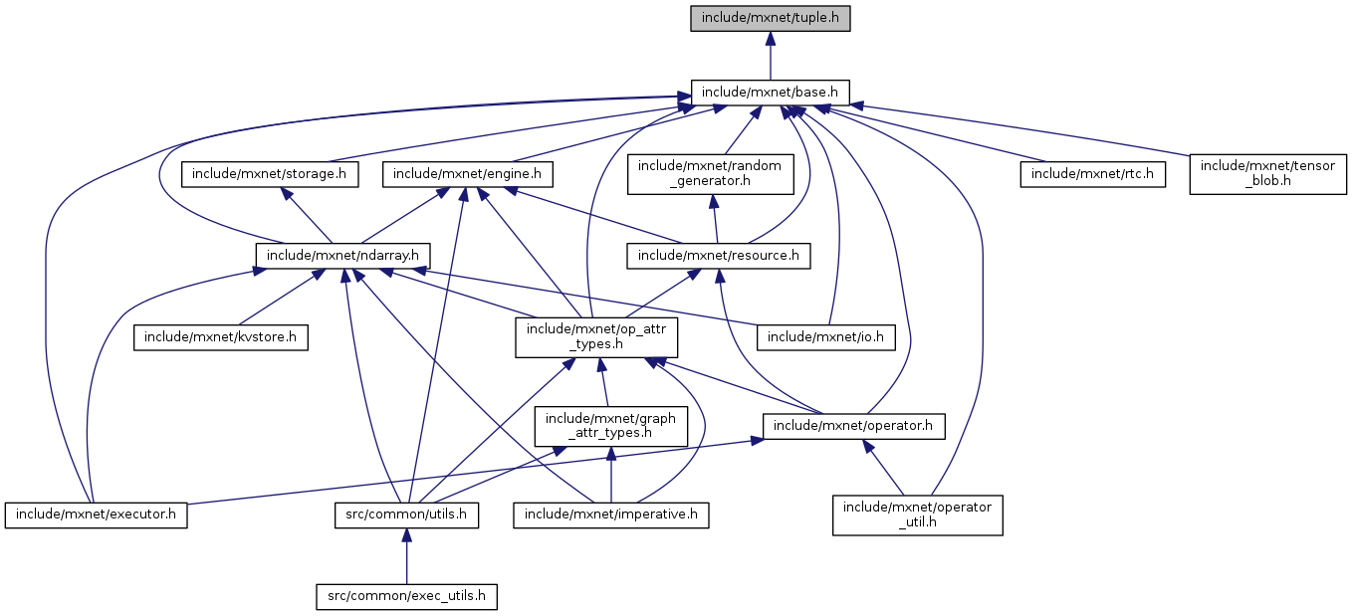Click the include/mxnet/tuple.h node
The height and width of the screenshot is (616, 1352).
(771, 18)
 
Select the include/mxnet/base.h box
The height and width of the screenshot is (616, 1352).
(771, 93)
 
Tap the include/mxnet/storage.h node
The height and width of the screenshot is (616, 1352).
(270, 174)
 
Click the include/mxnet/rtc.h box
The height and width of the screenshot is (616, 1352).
(1092, 174)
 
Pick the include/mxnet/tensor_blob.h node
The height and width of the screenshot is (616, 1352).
(1268, 174)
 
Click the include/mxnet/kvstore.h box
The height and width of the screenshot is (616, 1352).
(221, 336)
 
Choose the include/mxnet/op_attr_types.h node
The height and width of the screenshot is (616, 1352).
(596, 336)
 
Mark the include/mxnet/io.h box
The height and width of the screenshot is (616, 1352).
(826, 336)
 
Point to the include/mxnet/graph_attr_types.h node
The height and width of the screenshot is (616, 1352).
(610, 425)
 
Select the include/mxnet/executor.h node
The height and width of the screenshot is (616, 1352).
(97, 514)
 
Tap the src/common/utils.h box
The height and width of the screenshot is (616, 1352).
(405, 514)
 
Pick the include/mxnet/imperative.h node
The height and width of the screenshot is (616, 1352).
(611, 514)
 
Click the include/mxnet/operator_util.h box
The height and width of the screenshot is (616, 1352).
(918, 514)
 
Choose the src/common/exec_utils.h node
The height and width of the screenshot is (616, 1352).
(405, 596)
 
